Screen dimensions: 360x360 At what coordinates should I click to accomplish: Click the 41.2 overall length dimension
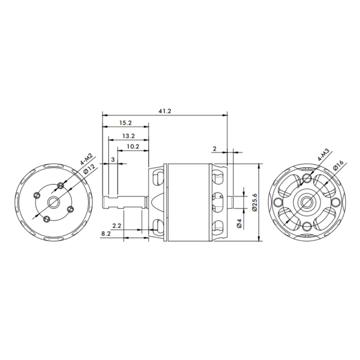click(165, 111)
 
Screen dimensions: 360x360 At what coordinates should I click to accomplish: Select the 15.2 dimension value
click(126, 123)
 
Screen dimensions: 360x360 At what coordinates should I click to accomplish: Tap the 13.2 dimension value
click(128, 136)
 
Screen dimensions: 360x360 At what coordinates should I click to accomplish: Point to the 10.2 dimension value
click(133, 147)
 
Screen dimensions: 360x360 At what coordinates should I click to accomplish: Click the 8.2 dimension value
click(106, 234)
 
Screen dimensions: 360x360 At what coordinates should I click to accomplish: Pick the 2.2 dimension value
click(117, 226)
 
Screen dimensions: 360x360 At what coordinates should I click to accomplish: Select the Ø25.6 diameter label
click(254, 202)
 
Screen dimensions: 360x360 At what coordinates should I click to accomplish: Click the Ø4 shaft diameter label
click(239, 223)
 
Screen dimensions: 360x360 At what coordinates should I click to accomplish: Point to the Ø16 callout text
click(338, 165)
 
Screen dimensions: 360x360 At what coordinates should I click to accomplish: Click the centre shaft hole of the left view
click(54, 202)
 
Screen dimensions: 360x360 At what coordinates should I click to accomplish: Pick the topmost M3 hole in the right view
click(307, 177)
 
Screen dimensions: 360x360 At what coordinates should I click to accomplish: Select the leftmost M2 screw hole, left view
click(36, 195)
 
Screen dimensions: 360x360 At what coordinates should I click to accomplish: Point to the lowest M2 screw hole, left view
click(47, 219)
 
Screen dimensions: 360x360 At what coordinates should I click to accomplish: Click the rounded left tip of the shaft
click(103, 202)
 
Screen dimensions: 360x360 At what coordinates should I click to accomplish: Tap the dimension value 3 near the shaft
click(113, 160)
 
